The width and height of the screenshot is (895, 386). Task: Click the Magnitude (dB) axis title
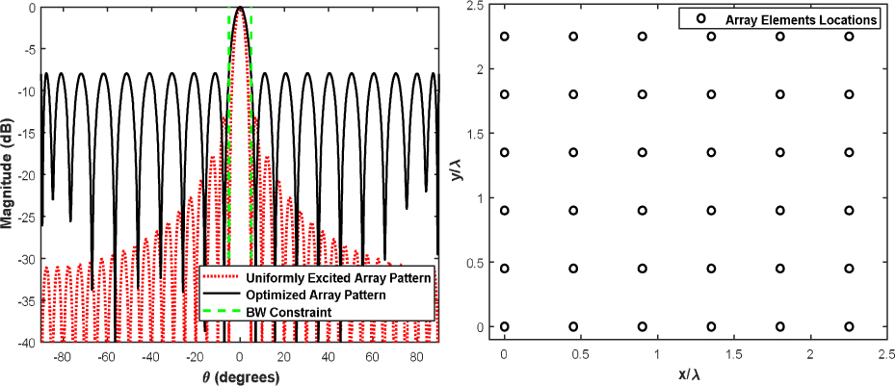click(8, 174)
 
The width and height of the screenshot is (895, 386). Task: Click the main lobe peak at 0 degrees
click(240, 8)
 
